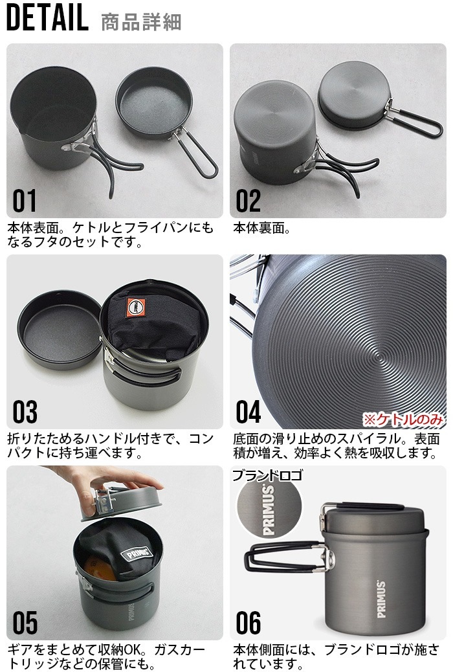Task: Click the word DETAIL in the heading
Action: click(47, 19)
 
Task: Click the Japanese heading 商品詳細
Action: click(141, 22)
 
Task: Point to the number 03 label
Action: click(25, 412)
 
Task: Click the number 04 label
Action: click(249, 412)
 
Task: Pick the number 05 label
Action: click(25, 623)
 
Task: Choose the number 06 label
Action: click(249, 623)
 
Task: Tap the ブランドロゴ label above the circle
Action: click(266, 475)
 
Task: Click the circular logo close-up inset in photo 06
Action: click(269, 511)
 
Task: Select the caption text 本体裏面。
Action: click(261, 229)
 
